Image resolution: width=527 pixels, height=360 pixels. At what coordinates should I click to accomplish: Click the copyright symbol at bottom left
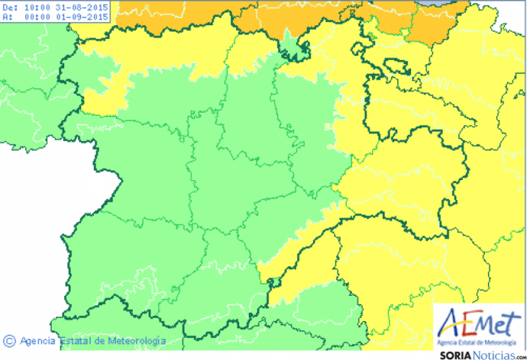[10, 341]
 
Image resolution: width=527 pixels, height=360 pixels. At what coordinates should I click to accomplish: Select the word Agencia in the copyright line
[38, 341]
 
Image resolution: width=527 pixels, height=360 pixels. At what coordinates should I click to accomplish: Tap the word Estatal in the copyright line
[77, 341]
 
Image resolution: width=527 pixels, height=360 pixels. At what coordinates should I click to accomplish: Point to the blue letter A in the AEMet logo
[452, 323]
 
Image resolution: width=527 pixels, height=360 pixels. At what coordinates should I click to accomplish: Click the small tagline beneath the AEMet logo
[480, 342]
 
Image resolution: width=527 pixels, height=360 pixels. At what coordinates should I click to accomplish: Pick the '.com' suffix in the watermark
[517, 355]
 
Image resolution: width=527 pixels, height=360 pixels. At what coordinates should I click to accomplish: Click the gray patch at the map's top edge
[441, 4]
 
